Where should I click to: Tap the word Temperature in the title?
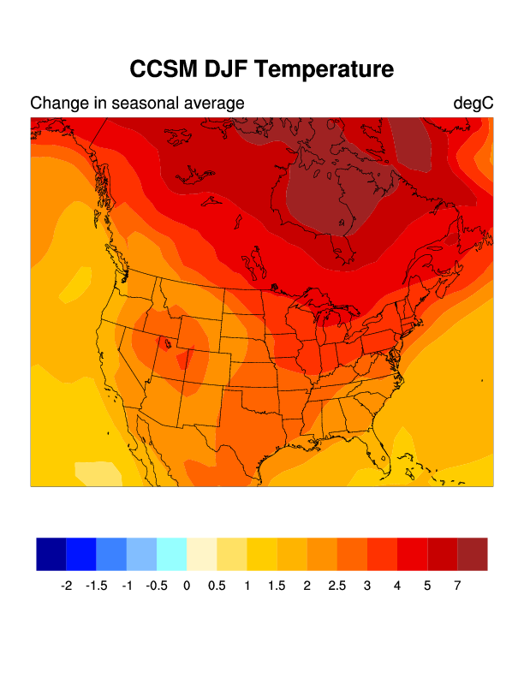pyautogui.click(x=330, y=69)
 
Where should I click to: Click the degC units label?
pyautogui.click(x=473, y=104)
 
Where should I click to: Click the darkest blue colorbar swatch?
pyautogui.click(x=51, y=554)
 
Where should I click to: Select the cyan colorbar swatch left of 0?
pyautogui.click(x=171, y=554)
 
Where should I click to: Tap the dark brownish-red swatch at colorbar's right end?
pyautogui.click(x=473, y=554)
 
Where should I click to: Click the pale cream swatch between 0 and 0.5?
pyautogui.click(x=201, y=554)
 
